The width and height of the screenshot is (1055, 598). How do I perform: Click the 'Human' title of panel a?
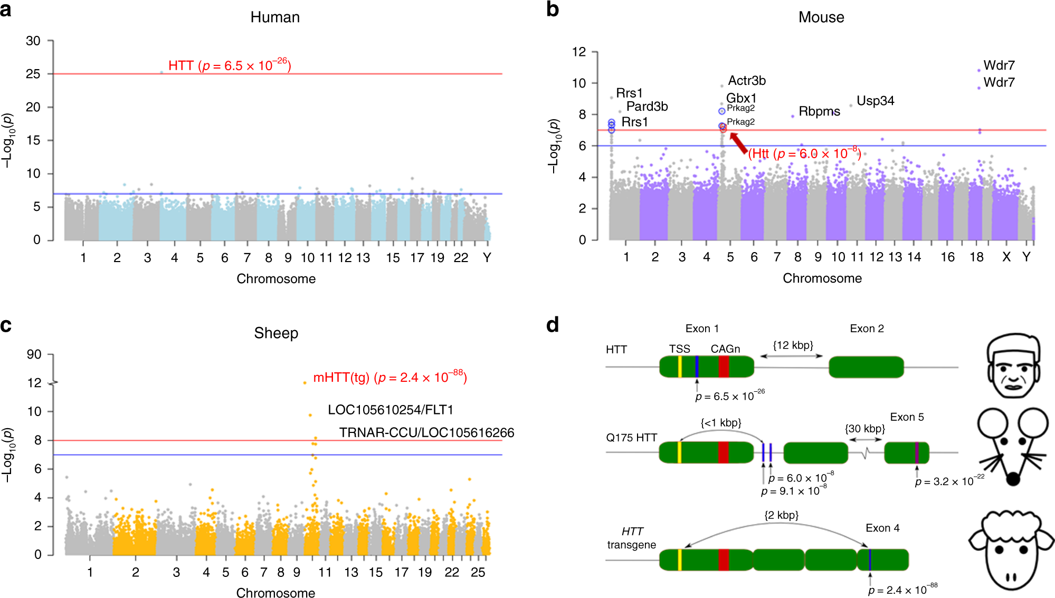[275, 17]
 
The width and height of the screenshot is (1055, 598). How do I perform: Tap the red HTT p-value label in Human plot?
[230, 65]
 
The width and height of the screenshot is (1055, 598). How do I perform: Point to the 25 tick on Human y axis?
[33, 74]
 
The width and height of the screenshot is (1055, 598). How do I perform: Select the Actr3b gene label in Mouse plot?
[747, 81]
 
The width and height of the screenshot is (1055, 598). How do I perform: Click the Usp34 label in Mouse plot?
[875, 101]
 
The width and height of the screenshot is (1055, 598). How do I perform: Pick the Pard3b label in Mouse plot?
[647, 107]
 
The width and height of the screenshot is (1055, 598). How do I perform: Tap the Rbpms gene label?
[819, 112]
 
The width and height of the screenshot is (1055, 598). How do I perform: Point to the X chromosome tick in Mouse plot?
[1006, 257]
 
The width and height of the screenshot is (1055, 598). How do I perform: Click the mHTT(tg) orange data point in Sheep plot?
[305, 383]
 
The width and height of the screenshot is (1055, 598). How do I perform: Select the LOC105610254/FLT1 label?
[391, 410]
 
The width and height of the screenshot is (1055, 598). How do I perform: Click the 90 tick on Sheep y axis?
[34, 354]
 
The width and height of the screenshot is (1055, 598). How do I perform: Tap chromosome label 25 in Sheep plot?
[478, 573]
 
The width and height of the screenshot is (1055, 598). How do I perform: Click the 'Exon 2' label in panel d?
[867, 329]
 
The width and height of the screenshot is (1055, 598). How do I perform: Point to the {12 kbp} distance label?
[793, 345]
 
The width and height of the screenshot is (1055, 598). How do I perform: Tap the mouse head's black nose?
[1013, 479]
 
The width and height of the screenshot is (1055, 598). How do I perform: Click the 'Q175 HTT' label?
[631, 438]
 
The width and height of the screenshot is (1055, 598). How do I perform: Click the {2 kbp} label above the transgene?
[781, 515]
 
